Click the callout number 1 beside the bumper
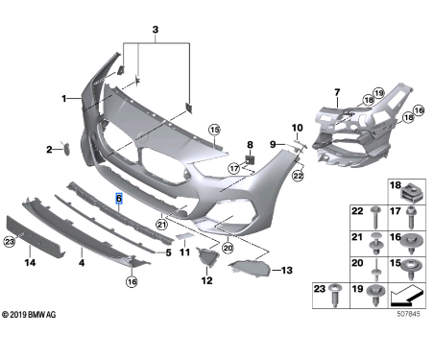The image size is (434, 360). (x=64, y=98)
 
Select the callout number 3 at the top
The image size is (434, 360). (x=154, y=32)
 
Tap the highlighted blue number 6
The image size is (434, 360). (x=118, y=200)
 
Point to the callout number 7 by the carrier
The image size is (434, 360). (x=337, y=91)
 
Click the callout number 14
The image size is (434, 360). (x=30, y=261)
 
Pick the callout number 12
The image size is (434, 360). (x=205, y=281)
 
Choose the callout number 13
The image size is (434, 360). (x=285, y=271)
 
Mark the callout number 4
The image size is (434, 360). (x=81, y=261)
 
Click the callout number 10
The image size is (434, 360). (x=297, y=127)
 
